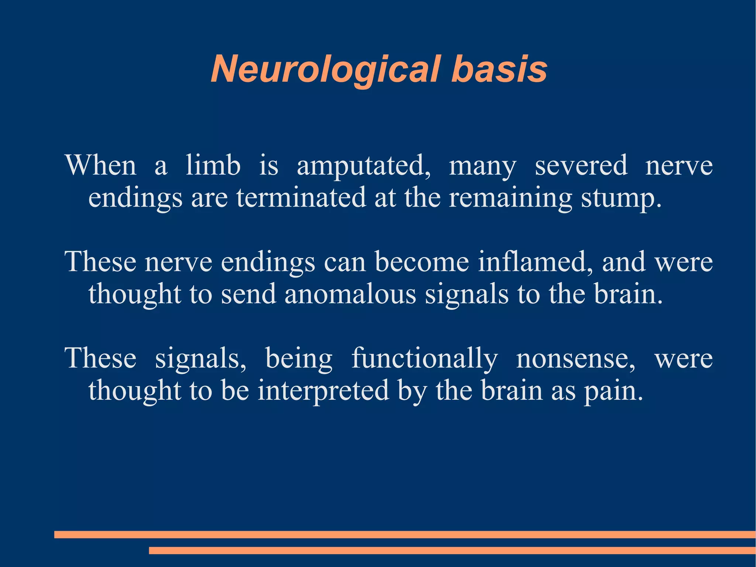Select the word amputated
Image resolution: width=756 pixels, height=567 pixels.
click(x=363, y=165)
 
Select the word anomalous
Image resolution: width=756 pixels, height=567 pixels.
click(x=350, y=294)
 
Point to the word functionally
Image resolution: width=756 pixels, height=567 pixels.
click(x=424, y=358)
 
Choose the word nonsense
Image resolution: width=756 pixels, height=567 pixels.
click(x=575, y=358)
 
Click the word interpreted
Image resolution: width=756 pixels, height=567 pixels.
click(x=323, y=391)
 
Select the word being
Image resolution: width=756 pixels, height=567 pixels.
click(x=299, y=359)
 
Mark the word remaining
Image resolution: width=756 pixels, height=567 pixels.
click(x=510, y=198)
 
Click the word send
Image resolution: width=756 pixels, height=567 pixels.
click(x=248, y=294)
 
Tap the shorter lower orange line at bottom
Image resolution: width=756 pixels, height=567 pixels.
click(x=452, y=550)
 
